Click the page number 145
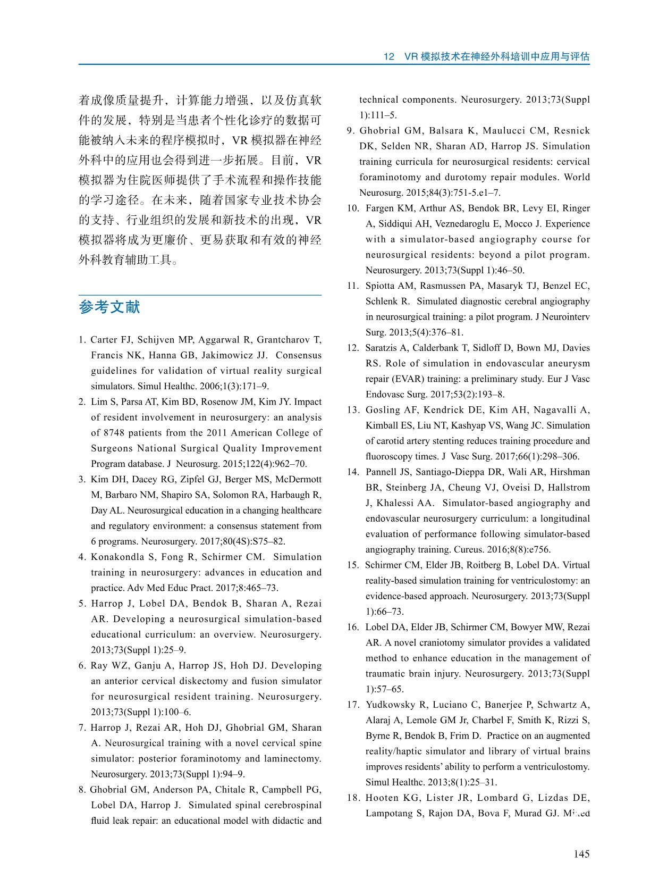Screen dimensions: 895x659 tap(581, 854)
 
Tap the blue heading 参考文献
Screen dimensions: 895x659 tap(109, 307)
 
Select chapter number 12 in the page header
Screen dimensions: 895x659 tap(388, 57)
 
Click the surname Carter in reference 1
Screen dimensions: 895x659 tap(104, 340)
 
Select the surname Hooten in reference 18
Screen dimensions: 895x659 tap(382, 798)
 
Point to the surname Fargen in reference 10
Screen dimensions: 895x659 tap(381, 208)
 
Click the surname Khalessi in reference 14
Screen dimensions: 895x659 tap(398, 503)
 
